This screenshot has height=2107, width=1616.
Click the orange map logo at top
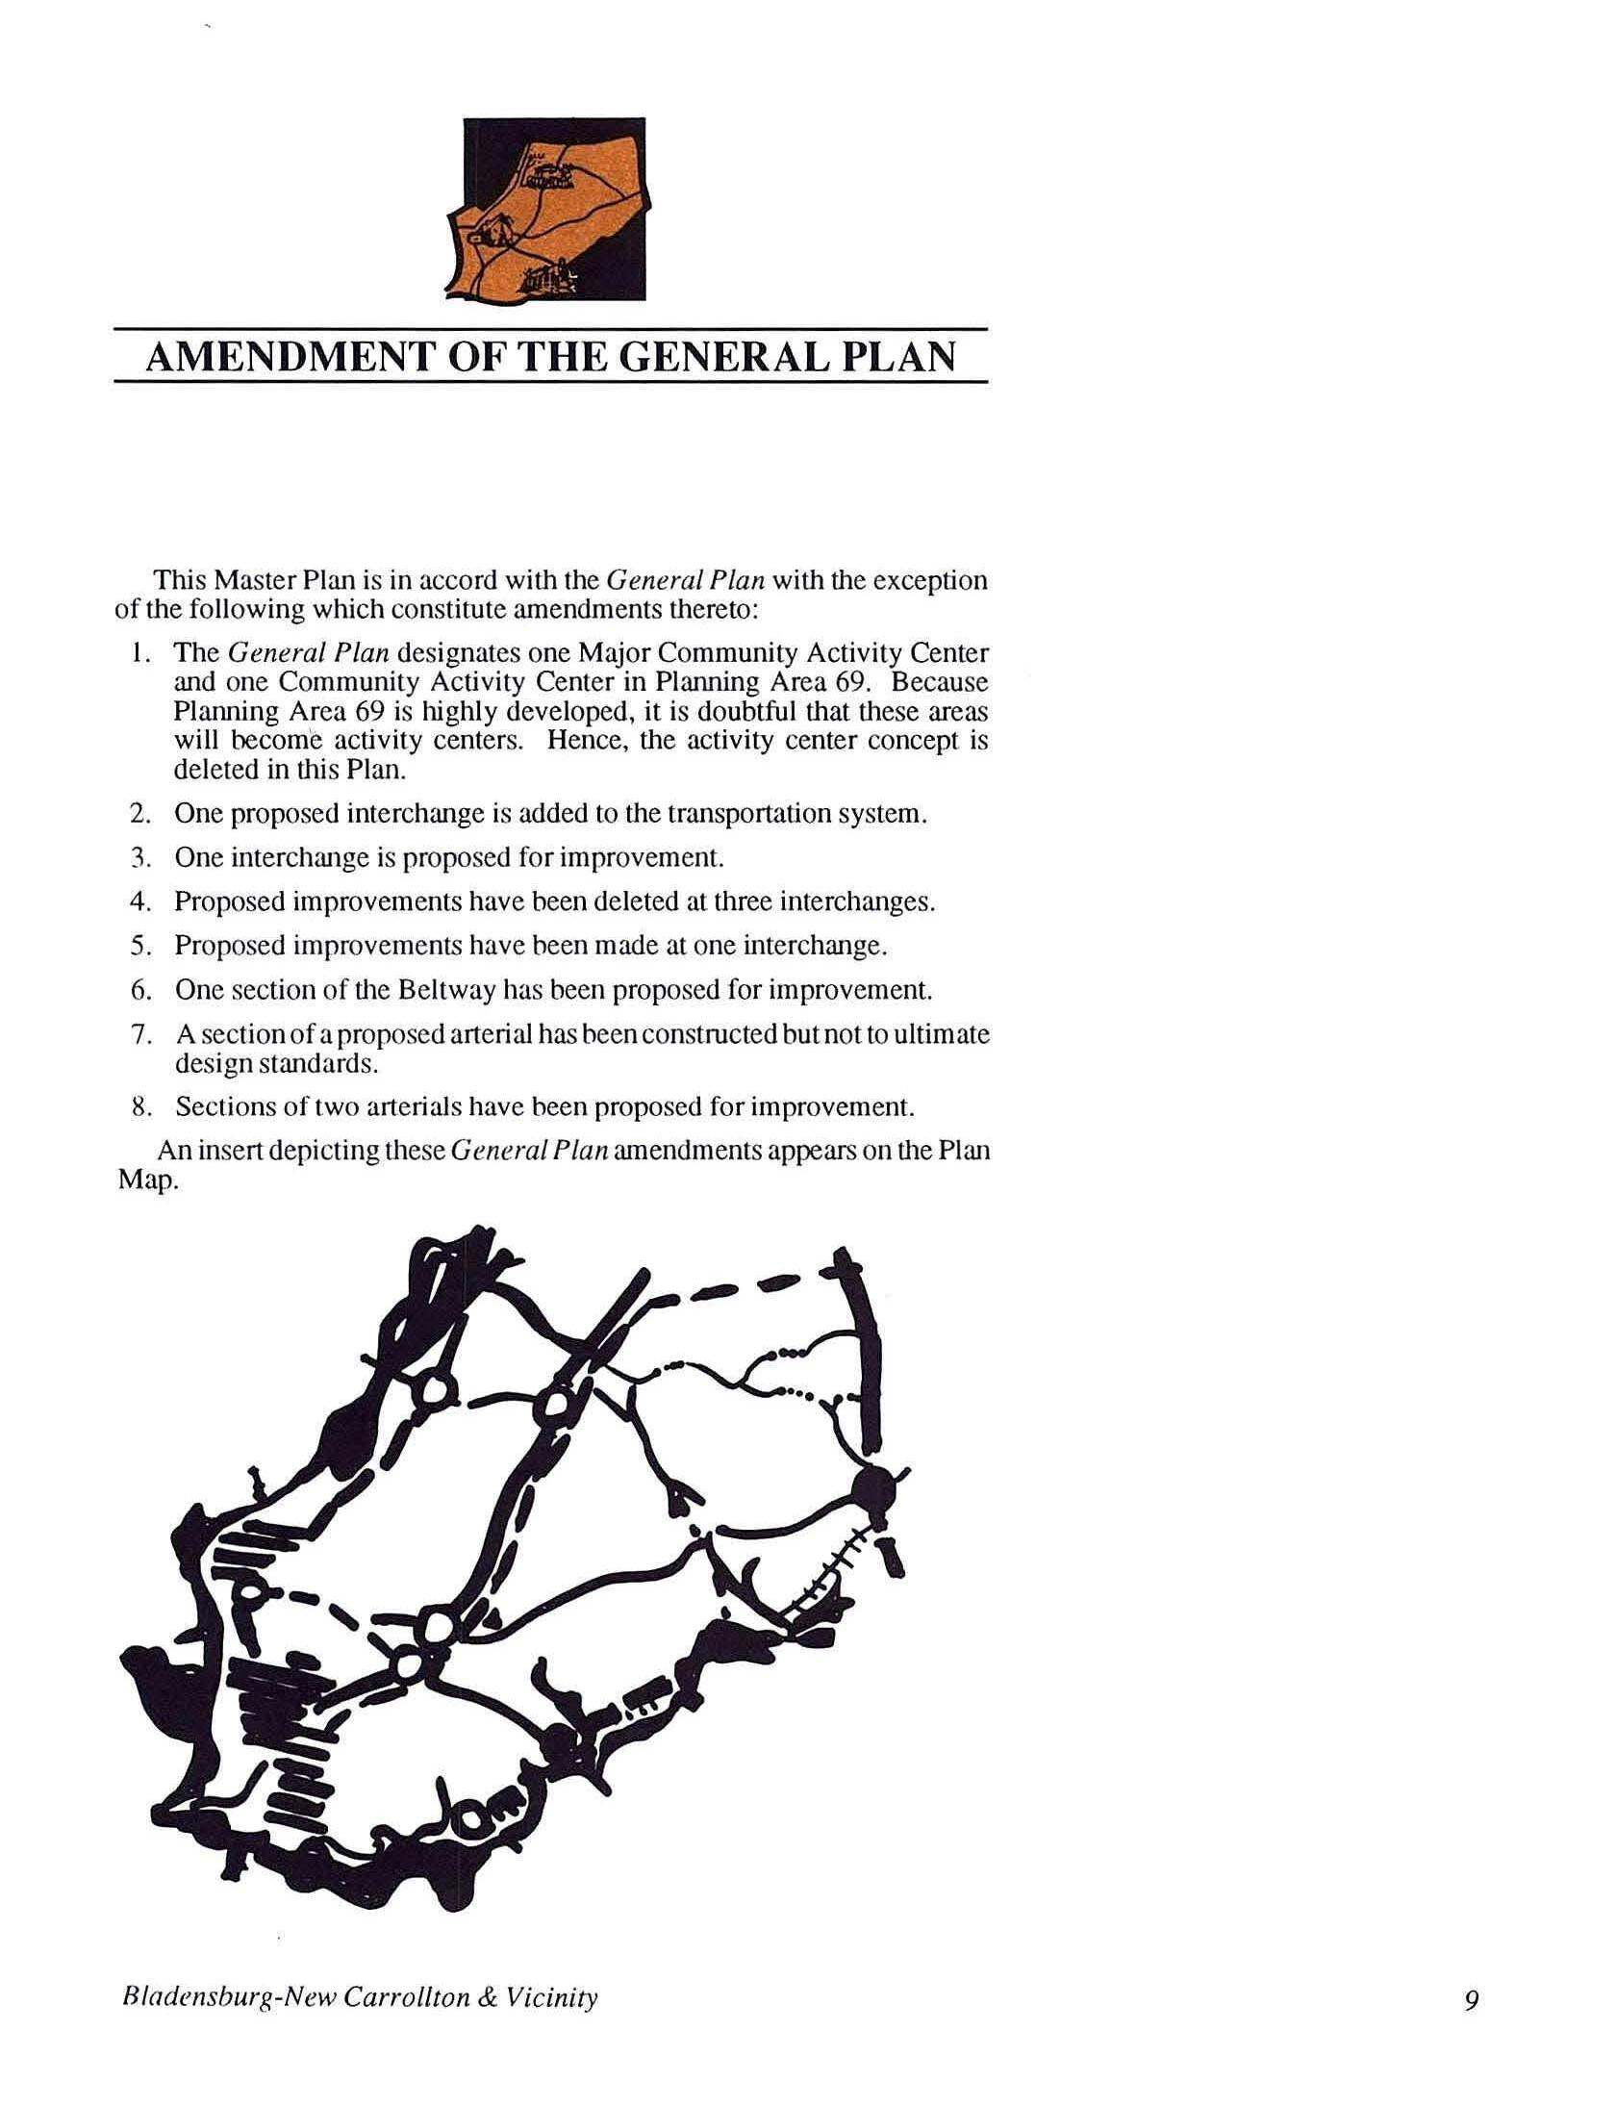coord(554,210)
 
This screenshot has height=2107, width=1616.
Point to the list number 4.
coord(138,902)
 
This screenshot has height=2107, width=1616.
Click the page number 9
coord(1472,2000)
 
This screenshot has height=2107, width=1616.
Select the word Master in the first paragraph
coord(254,581)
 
